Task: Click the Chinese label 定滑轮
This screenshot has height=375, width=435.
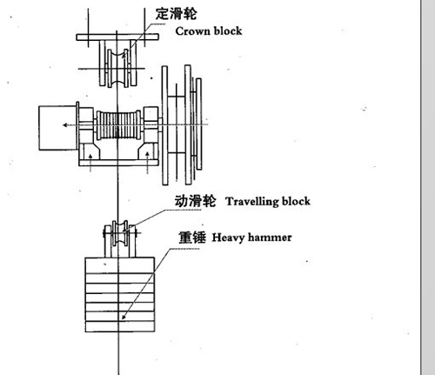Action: coord(176,14)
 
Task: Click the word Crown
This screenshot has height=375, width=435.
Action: coord(192,31)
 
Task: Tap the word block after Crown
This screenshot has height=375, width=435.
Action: coord(228,30)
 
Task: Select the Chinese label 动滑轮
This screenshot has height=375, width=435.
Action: coord(195,201)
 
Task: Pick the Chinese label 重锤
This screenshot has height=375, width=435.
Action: coord(192,238)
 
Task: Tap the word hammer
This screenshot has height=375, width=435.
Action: coord(270,238)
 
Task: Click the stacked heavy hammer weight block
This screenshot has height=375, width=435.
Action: coord(120,295)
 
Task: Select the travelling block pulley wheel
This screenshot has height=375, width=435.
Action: coord(120,233)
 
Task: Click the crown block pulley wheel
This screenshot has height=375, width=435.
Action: coord(117,69)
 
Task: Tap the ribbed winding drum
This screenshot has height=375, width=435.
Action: coord(118,125)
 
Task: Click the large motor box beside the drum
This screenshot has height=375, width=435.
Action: coord(58,128)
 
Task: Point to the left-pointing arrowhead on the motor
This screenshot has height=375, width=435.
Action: coord(65,125)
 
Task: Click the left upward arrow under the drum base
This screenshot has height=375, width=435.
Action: coord(90,163)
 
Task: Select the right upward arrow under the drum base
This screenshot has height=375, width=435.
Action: coord(147,162)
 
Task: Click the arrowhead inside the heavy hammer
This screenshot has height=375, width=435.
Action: coord(124,317)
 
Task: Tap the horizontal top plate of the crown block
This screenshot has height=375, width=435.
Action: coord(117,37)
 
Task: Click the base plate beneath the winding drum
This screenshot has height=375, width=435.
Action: coord(119,163)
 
